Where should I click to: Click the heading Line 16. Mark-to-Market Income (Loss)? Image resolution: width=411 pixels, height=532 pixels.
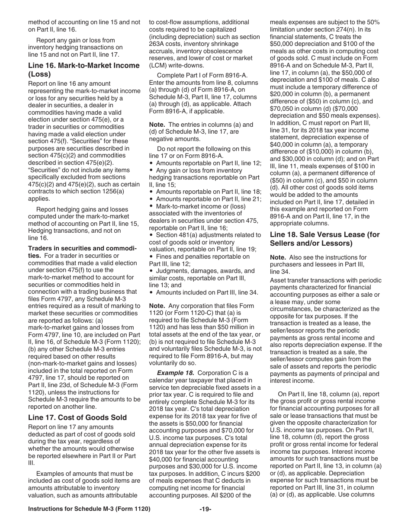click(83, 69)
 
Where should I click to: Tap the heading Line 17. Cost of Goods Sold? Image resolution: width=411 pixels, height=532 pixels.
click(77, 417)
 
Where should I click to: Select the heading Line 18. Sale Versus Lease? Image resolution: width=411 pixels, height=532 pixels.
click(324, 238)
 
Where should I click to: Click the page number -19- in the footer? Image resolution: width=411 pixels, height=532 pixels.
click(205, 521)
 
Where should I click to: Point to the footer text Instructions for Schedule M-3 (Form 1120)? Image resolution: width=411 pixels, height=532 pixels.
click(89, 521)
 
